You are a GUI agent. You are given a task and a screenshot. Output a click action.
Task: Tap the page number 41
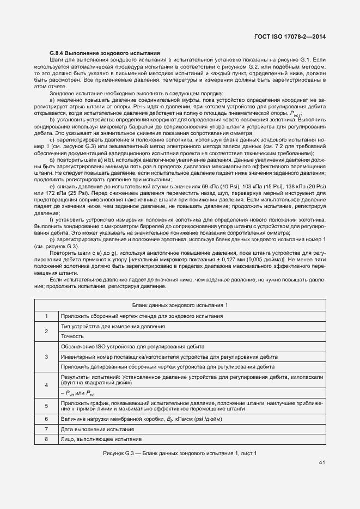322,463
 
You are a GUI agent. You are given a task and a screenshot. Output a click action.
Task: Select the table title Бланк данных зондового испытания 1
180,305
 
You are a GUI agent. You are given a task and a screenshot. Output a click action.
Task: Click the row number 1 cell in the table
46,316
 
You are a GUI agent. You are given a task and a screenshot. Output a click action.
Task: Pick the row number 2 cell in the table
46,331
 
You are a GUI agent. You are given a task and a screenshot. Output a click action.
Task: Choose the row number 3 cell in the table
46,357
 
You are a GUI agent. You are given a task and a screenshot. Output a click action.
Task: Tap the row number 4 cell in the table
46,385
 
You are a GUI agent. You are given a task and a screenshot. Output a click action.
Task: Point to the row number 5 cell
46,406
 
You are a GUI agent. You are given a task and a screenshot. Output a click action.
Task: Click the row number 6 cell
46,419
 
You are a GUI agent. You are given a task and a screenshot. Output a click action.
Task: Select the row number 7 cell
46,430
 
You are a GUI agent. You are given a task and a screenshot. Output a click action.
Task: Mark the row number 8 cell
46,439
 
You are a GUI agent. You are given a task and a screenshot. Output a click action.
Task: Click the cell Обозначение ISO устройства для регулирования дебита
133,346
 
